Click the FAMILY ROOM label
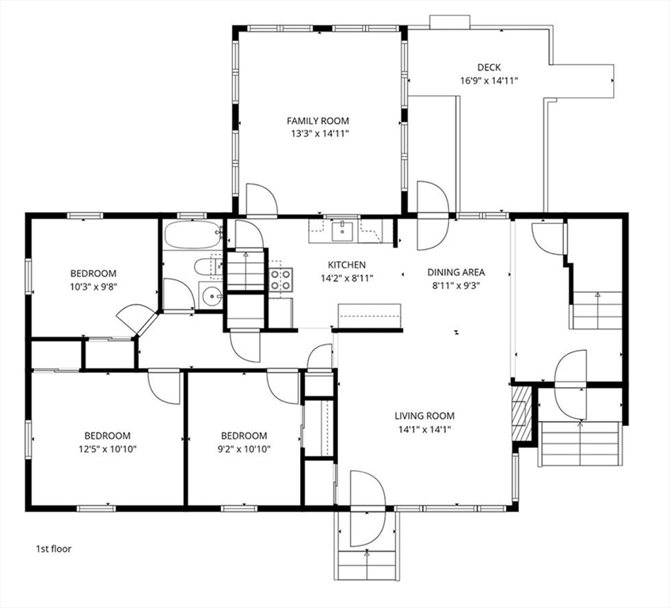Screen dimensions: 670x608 pyautogui.click(x=318, y=121)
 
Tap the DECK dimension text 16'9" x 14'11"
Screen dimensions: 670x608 pyautogui.click(x=489, y=80)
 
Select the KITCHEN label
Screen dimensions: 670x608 pyautogui.click(x=347, y=265)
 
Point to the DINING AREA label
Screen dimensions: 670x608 pyautogui.click(x=456, y=272)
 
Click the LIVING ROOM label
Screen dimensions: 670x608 pyautogui.click(x=424, y=416)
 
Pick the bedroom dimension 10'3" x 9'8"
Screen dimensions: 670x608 pyautogui.click(x=93, y=287)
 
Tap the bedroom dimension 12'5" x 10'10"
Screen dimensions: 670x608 pyautogui.click(x=107, y=449)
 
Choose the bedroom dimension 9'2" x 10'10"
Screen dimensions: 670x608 pyautogui.click(x=244, y=449)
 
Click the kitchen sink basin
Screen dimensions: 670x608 pyautogui.click(x=343, y=230)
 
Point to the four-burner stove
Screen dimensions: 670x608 pyautogui.click(x=281, y=279)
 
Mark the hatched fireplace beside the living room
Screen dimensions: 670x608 pyautogui.click(x=521, y=413)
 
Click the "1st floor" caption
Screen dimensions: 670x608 pyautogui.click(x=53, y=549)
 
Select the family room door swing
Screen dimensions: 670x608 pyautogui.click(x=262, y=199)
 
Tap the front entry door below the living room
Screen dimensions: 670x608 pyautogui.click(x=367, y=508)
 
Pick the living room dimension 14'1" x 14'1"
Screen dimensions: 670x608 pyautogui.click(x=425, y=429)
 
